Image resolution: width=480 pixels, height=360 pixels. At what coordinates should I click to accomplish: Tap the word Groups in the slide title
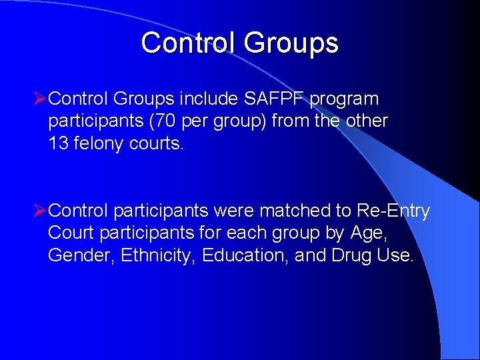click(x=291, y=44)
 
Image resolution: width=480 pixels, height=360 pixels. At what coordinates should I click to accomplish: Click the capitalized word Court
click(x=70, y=234)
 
